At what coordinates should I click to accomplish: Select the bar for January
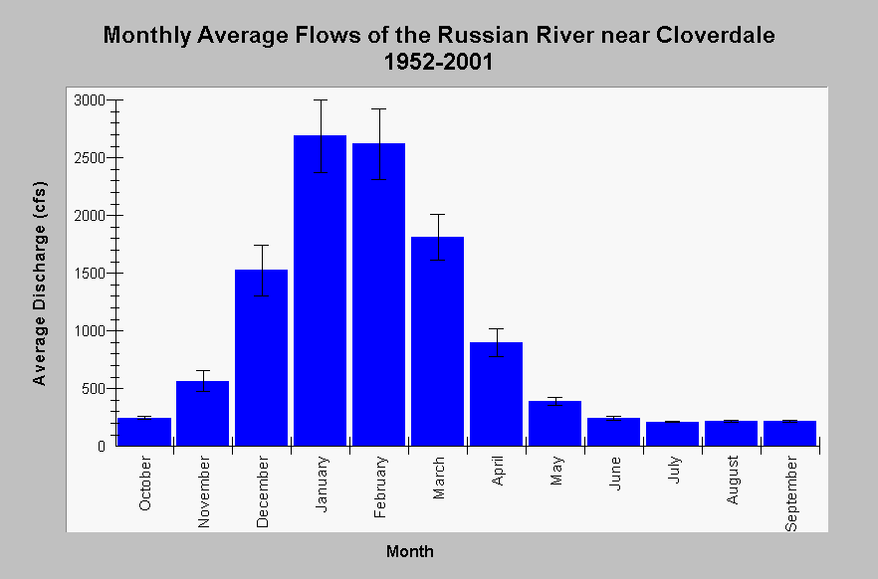tap(320, 290)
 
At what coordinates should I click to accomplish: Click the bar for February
tap(378, 294)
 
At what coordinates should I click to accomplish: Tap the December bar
tap(261, 357)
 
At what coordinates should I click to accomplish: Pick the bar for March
tap(437, 341)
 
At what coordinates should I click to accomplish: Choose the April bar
tap(496, 394)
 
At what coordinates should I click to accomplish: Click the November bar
tap(202, 414)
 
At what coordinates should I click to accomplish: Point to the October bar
tap(144, 432)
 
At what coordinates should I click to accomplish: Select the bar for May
tap(554, 424)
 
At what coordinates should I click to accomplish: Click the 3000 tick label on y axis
tap(90, 100)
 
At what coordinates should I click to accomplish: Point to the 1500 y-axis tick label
tap(90, 273)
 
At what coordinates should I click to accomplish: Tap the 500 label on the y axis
tap(94, 388)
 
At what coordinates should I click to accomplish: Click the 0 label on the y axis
tap(102, 447)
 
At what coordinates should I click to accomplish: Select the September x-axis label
tap(790, 492)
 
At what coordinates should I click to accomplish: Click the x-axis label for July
tap(674, 470)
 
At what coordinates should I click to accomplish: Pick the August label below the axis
tap(733, 480)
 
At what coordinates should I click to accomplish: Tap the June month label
tap(615, 474)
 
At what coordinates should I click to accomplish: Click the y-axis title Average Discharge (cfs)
tap(39, 284)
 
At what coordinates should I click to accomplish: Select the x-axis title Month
tap(410, 551)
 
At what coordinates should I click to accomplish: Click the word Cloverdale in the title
tap(716, 35)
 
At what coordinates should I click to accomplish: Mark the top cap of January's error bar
tap(321, 100)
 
